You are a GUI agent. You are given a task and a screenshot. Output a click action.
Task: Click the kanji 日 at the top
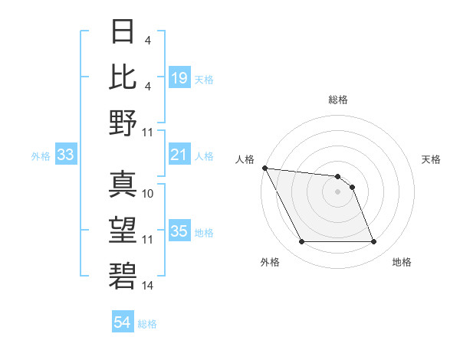(123, 32)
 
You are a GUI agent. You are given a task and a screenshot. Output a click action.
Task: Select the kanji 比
(123, 77)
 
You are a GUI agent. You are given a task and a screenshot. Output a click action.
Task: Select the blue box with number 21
(179, 155)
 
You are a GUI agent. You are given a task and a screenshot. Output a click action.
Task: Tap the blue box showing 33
(66, 155)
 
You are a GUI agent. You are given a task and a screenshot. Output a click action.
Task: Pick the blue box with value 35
(179, 231)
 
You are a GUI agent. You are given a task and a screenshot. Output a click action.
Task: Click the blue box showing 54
(122, 322)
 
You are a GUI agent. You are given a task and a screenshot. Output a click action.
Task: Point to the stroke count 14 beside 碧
(148, 285)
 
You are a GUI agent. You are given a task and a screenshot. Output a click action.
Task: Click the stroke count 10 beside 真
(148, 194)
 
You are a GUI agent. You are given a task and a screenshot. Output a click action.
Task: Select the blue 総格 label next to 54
(147, 324)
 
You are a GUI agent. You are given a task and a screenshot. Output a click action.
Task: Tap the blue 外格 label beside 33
(41, 156)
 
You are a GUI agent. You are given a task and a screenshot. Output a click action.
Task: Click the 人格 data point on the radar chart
(264, 168)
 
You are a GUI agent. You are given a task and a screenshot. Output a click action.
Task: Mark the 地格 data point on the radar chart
(373, 242)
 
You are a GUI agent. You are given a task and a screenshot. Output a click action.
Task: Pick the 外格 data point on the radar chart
(301, 242)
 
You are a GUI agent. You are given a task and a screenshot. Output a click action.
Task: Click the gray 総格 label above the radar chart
(337, 100)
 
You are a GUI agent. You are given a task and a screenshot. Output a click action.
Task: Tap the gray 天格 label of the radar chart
(432, 159)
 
